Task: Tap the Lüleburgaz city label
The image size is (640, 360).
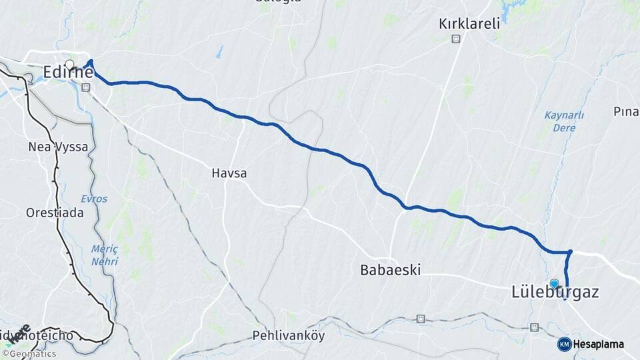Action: coord(555,292)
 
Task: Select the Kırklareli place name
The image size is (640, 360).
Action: coord(469,24)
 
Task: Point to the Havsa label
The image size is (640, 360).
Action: coord(229,173)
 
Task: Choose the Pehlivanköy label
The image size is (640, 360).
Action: coord(289,335)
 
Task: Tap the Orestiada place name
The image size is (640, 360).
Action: coord(55,213)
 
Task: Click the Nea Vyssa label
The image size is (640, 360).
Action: coord(58,147)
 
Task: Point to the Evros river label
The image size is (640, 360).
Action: coord(93,199)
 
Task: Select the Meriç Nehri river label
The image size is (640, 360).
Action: coord(105,255)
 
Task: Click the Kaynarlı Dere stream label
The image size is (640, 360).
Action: coord(564,121)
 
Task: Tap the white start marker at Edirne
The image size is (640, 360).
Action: coord(69,65)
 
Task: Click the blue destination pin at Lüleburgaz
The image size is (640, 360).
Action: coord(554,283)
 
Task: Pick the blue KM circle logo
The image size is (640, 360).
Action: coord(564,344)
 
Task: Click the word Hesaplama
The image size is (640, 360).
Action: coord(599,344)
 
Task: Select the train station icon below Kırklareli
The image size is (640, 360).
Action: coord(455,39)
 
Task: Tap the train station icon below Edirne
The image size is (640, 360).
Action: coord(85,87)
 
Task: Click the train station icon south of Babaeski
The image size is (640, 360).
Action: coord(421,319)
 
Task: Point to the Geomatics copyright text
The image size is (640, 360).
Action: coord(31,354)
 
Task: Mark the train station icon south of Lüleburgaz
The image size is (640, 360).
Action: coord(534,327)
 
